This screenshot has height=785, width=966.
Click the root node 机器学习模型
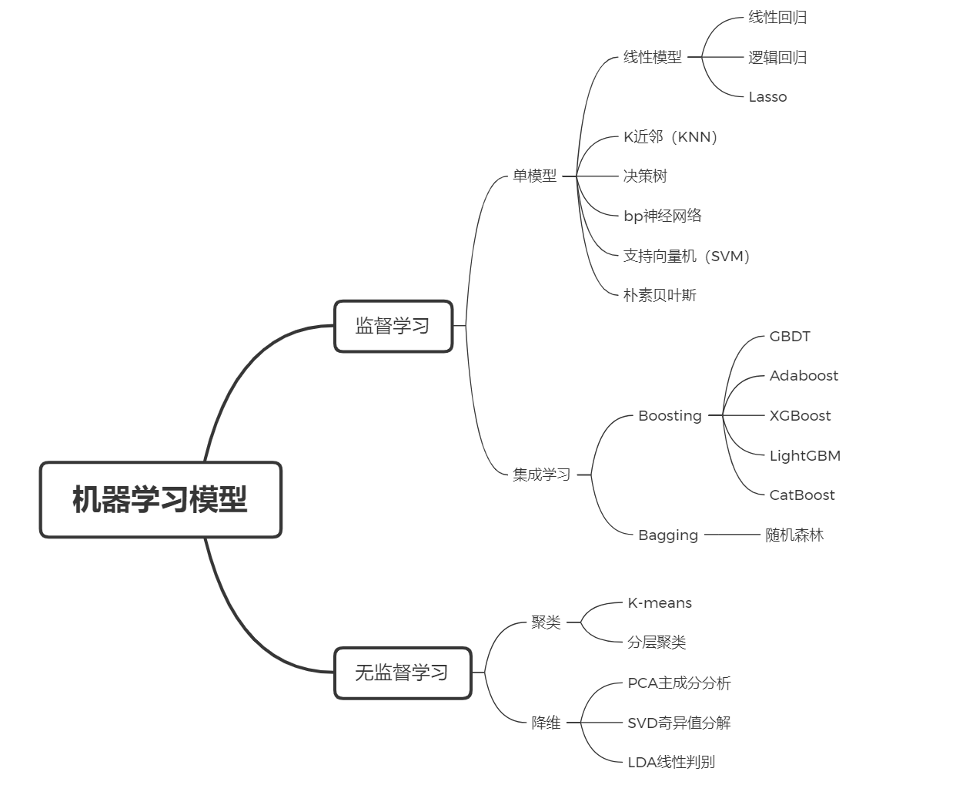(160, 499)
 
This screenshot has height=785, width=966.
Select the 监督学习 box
(393, 326)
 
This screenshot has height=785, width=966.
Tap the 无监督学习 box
(402, 673)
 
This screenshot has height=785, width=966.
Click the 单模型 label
(534, 176)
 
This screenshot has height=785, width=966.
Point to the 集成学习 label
(541, 475)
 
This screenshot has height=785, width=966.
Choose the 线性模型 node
(652, 57)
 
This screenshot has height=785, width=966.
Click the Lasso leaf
(767, 97)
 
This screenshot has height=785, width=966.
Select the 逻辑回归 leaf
(777, 57)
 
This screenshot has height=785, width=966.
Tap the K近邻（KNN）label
(671, 137)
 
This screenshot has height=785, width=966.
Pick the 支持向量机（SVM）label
(687, 256)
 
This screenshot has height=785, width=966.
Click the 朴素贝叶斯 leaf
(660, 295)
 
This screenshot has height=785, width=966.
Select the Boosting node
(670, 416)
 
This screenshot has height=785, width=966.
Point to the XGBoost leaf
(800, 416)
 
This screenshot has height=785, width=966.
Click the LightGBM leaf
(804, 455)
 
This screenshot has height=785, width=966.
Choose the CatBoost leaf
(801, 495)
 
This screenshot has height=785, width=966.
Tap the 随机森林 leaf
(794, 535)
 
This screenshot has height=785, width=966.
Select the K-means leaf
(660, 603)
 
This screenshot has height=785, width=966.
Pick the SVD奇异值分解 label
(679, 723)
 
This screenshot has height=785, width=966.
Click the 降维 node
(546, 723)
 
